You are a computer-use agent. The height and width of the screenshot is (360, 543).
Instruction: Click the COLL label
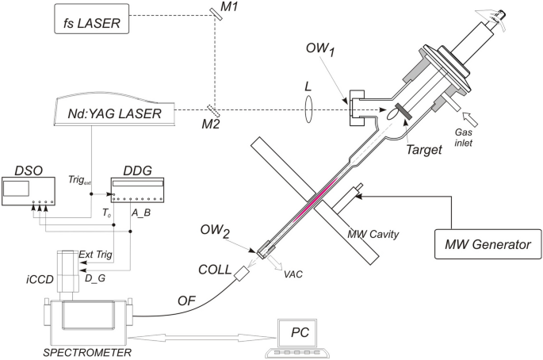click(x=216, y=268)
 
